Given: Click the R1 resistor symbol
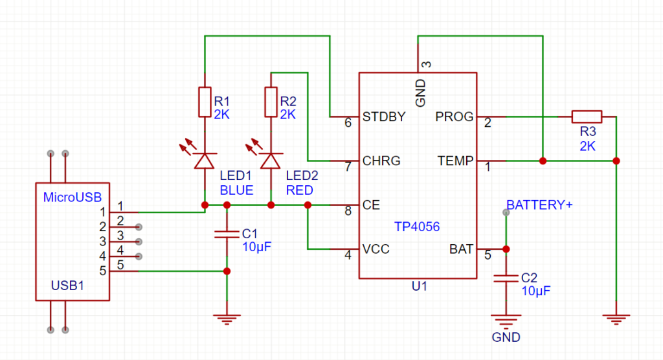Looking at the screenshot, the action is coord(205,102).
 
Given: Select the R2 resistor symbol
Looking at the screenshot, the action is coord(271,102).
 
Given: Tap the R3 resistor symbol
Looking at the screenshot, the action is coord(587,117).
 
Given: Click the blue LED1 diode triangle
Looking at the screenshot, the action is coord(205,161).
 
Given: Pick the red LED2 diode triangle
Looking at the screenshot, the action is coord(271,161).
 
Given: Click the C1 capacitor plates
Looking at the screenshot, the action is coord(227,234).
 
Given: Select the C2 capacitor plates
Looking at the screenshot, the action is coord(506,278).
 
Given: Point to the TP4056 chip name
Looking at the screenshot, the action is coord(417,227).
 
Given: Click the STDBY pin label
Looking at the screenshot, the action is coord(384,117).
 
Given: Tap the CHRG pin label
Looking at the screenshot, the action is coord(381,161).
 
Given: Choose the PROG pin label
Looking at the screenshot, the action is coord(454,117).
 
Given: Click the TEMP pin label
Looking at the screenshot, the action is coord(455,161).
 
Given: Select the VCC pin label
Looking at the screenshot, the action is coord(376,249).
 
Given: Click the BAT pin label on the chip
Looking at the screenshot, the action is coord(461,249).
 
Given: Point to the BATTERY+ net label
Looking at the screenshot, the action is coord(539,205).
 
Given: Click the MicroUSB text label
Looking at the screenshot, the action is coord(73,197).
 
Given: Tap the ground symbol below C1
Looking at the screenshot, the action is coord(227,319).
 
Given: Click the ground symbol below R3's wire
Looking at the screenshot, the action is coord(616,319).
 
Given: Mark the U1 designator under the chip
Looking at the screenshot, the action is coord(420,286).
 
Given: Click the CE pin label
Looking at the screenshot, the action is coord(371,205).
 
